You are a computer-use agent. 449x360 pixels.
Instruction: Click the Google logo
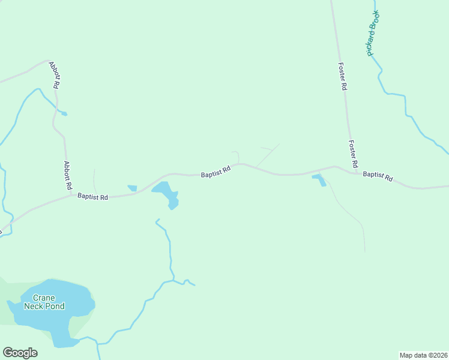coord(20,353)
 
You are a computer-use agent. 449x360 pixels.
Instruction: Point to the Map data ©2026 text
coord(423,355)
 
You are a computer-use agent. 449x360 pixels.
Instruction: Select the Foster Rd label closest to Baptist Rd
coord(354,154)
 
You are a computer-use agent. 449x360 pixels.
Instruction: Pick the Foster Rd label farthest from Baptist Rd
coord(342,77)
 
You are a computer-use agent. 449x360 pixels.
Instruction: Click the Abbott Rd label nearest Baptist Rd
coord(67,175)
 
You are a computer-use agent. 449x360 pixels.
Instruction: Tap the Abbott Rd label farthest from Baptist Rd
coord(55,75)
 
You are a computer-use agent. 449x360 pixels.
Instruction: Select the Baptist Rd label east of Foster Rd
coord(378,176)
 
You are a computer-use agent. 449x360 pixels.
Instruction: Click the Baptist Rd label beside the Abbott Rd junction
coord(92,196)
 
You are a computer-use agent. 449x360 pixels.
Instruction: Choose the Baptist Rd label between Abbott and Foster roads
coord(215,173)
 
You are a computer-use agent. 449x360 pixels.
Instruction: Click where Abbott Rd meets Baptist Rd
coord(71,194)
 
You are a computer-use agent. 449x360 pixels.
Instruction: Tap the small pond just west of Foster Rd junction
coord(319,179)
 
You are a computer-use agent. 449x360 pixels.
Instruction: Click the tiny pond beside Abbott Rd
coord(64,113)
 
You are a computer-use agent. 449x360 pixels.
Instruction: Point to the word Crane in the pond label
coord(44,298)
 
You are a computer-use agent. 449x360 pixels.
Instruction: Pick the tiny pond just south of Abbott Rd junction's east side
coord(132,188)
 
